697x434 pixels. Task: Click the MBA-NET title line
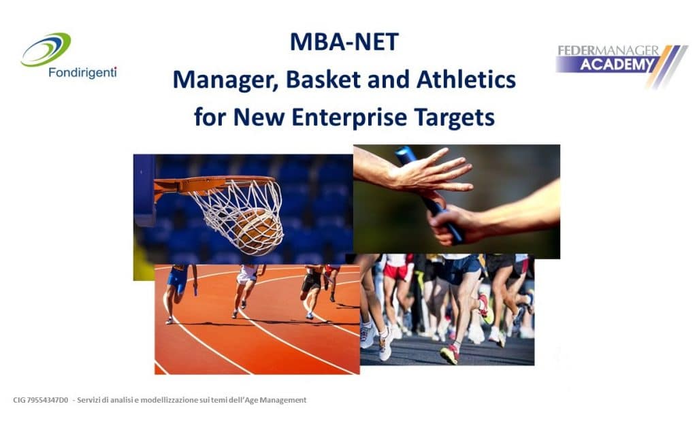(x=344, y=41)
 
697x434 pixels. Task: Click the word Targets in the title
(x=454, y=118)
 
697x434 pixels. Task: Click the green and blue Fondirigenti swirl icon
(x=46, y=49)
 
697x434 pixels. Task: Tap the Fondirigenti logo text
(x=82, y=72)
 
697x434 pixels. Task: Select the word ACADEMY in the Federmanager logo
(x=617, y=65)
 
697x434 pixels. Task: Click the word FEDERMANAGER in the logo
(x=608, y=50)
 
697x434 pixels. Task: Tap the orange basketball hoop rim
(x=215, y=183)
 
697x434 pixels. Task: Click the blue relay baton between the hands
(x=429, y=195)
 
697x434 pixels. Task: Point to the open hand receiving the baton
(x=427, y=176)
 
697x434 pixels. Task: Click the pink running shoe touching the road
(x=450, y=354)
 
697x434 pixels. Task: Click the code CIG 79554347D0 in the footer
(x=40, y=400)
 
